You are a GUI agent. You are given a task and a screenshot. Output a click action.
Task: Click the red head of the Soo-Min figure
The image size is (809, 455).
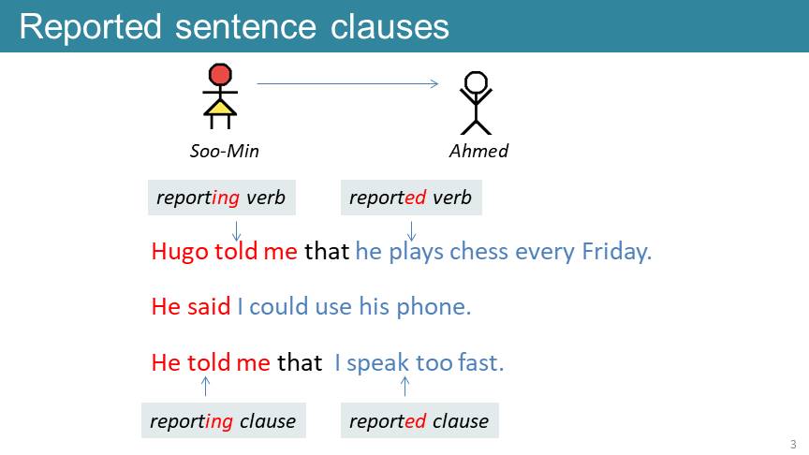click(220, 74)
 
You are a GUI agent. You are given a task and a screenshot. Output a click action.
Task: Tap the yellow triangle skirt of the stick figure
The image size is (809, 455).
click(220, 108)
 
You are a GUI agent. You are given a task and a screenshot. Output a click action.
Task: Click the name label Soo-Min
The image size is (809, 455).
click(225, 151)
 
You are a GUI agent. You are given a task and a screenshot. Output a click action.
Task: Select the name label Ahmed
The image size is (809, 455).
click(478, 151)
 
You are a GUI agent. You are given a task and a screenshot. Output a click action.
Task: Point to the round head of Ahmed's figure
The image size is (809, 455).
click(476, 82)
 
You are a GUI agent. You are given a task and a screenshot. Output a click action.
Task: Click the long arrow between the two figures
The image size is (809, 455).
click(347, 83)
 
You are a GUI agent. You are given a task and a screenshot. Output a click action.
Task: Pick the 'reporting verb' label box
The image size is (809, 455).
click(222, 198)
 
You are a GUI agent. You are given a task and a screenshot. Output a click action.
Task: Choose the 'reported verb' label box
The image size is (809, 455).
click(411, 198)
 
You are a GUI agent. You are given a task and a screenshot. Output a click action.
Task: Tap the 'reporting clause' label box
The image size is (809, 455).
click(224, 420)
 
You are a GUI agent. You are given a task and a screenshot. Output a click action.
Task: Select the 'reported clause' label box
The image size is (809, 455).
click(419, 420)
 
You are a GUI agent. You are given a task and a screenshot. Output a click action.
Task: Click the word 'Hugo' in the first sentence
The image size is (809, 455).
click(180, 252)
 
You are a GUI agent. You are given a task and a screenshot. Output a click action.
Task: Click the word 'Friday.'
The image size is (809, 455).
click(616, 252)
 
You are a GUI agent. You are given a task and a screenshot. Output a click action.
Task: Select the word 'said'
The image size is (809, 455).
click(209, 306)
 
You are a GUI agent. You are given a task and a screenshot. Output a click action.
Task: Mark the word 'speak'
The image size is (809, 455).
click(377, 363)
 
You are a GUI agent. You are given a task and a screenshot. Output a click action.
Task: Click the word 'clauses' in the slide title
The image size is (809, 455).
click(390, 27)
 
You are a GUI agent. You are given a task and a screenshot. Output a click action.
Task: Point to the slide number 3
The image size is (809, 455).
click(793, 444)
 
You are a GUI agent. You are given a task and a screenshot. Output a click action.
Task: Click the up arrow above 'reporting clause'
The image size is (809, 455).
click(205, 386)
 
